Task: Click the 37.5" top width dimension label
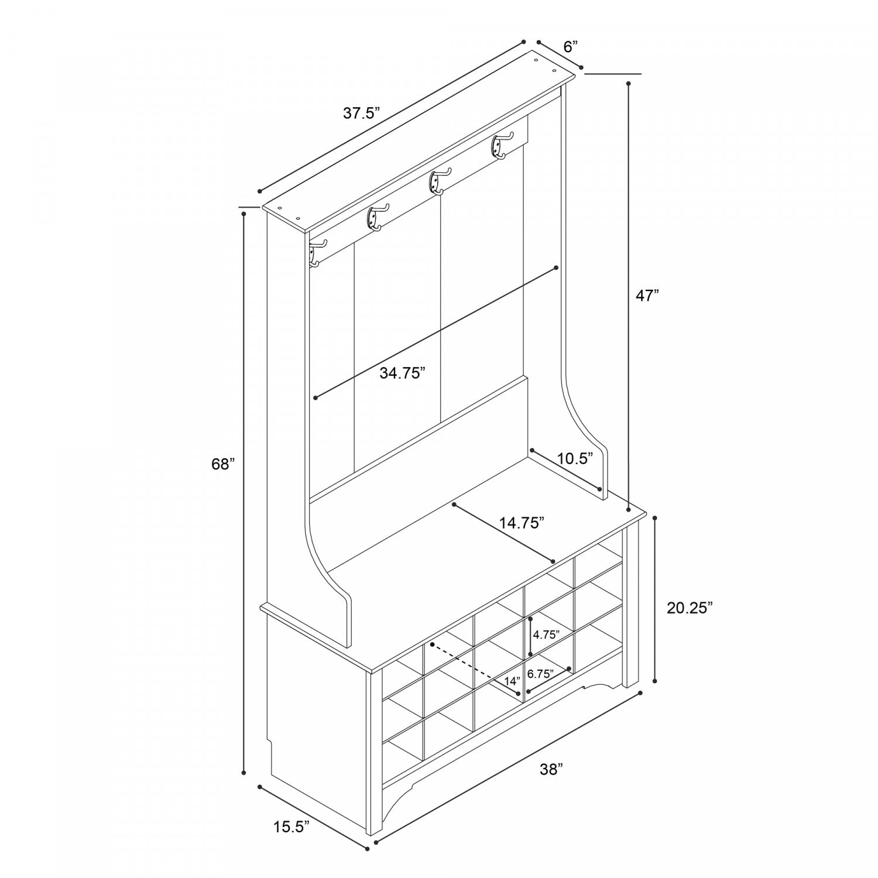point(362,113)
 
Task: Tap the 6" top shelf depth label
point(571,46)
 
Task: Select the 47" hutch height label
point(647,296)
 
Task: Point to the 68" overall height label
point(223,464)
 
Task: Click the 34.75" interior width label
point(402,373)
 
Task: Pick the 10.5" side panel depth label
point(575,458)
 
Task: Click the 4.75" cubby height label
point(546,635)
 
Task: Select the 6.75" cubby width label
point(540,674)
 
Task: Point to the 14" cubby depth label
point(512,681)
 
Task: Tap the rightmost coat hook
point(502,145)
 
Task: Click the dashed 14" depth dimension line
point(475,668)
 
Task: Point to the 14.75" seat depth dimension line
point(503,532)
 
